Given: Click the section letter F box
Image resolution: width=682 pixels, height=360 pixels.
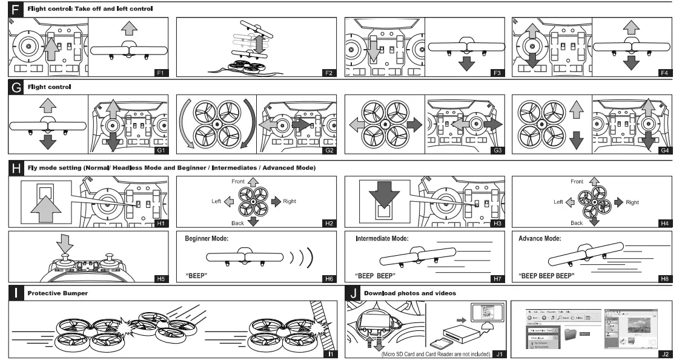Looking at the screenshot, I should [x=16, y=9].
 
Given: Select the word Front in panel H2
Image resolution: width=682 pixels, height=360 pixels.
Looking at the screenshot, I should [x=237, y=181].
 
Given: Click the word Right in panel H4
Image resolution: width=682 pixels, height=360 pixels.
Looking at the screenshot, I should [x=632, y=202].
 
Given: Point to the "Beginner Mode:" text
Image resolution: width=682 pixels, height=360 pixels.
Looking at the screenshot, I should [x=207, y=239].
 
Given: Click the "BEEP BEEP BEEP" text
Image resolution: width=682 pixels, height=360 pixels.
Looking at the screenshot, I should [x=547, y=275].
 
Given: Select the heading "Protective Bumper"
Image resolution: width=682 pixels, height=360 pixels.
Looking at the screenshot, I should [x=58, y=293].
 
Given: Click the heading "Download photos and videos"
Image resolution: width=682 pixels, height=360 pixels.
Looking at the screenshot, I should [x=409, y=293].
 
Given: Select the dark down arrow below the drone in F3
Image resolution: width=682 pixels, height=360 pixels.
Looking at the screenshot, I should [x=466, y=63].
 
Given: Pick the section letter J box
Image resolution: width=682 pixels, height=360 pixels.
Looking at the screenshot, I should [x=353, y=293].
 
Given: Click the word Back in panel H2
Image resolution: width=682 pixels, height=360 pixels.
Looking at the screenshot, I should [x=237, y=224].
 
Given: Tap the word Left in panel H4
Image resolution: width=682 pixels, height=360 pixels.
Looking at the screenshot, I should [x=560, y=202].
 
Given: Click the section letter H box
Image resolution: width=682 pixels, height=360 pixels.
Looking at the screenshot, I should [x=16, y=167].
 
